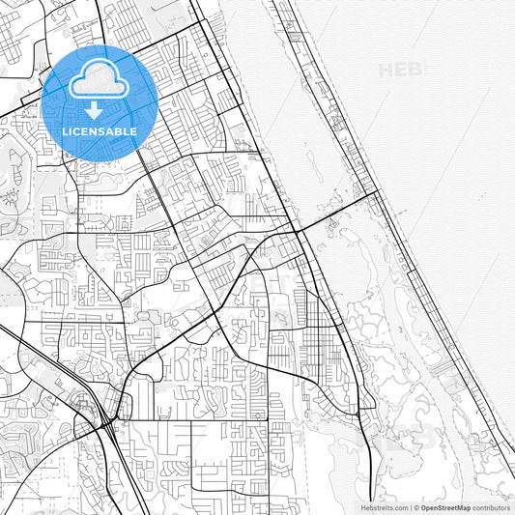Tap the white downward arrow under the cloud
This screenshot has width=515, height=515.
(93, 110)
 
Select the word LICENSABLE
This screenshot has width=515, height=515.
(100, 131)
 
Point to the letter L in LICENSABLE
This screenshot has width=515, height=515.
(66, 131)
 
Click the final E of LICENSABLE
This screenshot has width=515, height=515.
(133, 131)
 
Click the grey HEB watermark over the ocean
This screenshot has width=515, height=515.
(401, 70)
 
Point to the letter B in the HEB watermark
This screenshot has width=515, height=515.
(416, 70)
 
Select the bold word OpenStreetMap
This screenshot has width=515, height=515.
(446, 507)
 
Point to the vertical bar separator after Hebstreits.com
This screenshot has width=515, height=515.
(411, 507)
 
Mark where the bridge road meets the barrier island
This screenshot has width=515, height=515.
(375, 192)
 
